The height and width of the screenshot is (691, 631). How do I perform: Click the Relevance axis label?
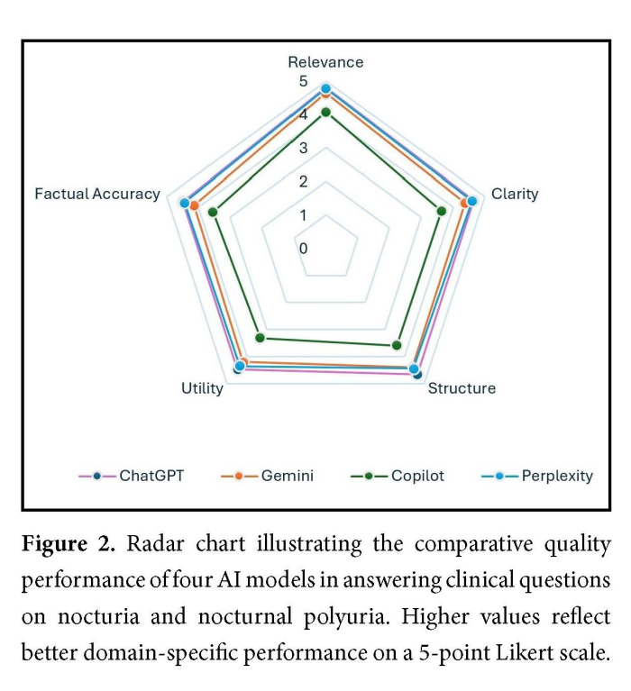(325, 62)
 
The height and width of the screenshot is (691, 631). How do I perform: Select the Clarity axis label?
(514, 194)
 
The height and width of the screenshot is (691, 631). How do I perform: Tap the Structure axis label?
(461, 388)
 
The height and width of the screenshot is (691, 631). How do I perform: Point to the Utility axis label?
(202, 388)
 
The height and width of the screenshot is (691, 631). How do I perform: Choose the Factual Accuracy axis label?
(97, 194)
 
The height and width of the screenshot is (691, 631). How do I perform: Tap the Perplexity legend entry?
(556, 476)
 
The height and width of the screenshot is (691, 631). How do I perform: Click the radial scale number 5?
(304, 81)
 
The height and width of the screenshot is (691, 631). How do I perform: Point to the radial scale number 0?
(304, 248)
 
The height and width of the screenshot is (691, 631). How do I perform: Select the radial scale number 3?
(304, 148)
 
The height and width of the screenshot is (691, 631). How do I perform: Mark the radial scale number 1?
(304, 214)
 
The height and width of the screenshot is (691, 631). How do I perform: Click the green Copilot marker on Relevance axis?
(326, 113)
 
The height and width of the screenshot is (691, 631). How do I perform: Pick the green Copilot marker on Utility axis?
(261, 339)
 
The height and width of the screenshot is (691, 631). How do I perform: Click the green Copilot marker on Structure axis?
(396, 345)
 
